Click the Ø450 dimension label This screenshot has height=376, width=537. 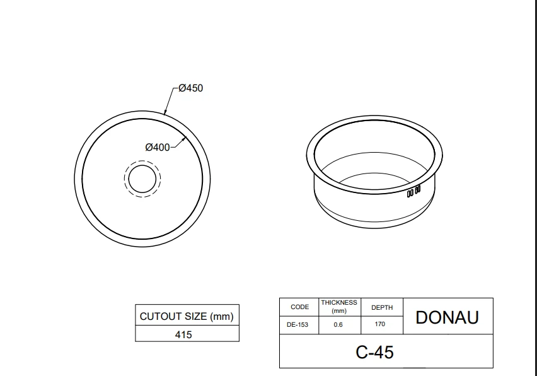coord(191,88)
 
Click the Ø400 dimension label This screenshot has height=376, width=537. coord(158,148)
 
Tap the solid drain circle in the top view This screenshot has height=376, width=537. coord(142,179)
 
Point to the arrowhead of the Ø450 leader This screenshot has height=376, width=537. coord(165,113)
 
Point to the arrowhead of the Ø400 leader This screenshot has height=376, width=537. coord(184,138)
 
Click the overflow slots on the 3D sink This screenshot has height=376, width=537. coord(413,191)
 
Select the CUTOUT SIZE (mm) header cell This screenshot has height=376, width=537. coord(187,315)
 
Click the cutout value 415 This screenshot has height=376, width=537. coord(183,334)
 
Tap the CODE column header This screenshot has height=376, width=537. coord(299,307)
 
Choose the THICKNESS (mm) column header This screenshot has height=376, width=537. coord(339,307)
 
